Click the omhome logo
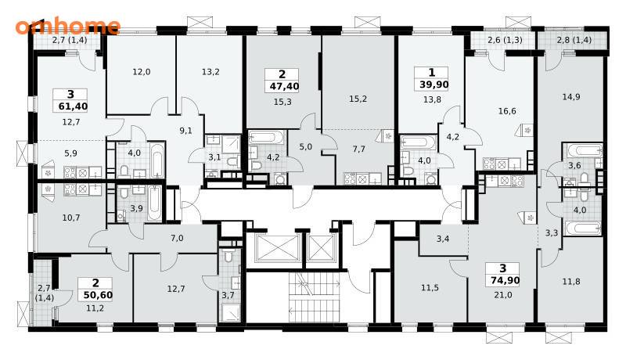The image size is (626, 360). [x=68, y=27]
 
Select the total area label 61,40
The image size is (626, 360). [x=70, y=106]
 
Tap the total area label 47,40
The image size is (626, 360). [x=282, y=86]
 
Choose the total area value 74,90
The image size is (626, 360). [x=503, y=281]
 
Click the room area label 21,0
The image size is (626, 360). [x=503, y=295]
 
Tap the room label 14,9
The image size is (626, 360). [x=571, y=97]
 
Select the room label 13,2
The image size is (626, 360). [x=210, y=72]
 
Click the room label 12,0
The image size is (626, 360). [x=142, y=72]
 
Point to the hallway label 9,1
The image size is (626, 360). [x=185, y=131]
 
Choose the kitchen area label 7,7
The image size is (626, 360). [x=359, y=149]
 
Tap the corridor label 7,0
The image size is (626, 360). [x=177, y=239]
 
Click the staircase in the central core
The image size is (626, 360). [x=314, y=297]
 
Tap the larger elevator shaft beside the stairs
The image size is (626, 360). [x=278, y=248]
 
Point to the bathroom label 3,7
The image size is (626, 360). [x=228, y=296]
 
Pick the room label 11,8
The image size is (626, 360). [x=571, y=282]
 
